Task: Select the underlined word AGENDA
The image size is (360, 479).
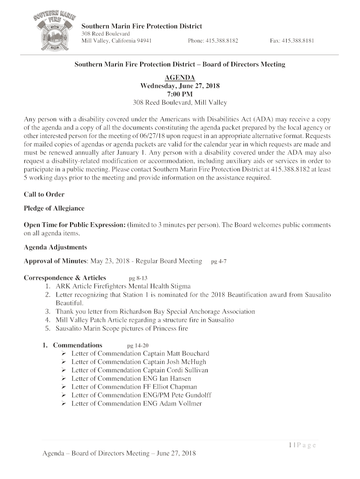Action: (x=180, y=78)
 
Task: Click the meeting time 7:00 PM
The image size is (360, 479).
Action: (x=180, y=94)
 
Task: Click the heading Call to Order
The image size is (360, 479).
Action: (x=44, y=194)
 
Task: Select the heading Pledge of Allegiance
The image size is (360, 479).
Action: (x=54, y=208)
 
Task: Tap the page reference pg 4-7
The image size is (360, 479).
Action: (x=219, y=261)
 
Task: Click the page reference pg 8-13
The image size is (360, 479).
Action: (x=138, y=278)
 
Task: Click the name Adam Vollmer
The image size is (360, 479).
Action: (x=180, y=404)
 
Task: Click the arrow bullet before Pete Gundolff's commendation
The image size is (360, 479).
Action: (x=64, y=396)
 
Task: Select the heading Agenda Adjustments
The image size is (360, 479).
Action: (x=55, y=247)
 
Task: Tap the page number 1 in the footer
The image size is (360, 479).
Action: (x=290, y=445)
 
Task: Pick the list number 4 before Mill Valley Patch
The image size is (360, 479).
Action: (x=48, y=320)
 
